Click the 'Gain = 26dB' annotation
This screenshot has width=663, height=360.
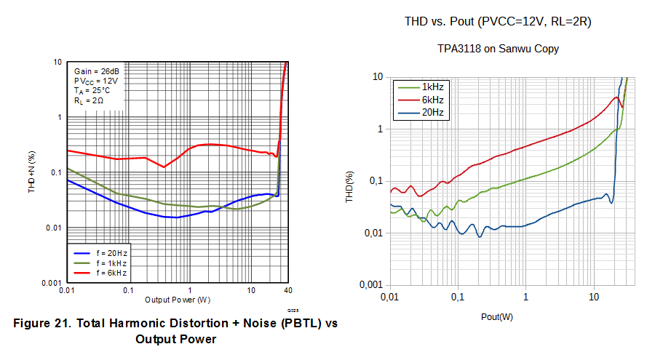click(97, 71)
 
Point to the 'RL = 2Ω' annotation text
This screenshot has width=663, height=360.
click(90, 101)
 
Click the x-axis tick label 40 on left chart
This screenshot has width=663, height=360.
click(288, 291)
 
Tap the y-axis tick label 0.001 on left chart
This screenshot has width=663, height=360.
click(50, 283)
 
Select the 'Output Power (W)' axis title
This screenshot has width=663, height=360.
click(178, 300)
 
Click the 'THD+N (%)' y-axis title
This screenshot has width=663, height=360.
click(31, 173)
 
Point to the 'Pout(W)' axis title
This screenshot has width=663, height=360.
click(496, 316)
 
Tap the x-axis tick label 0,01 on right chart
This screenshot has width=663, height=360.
click(391, 297)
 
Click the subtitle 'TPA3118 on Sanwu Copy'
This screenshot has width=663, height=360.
click(498, 49)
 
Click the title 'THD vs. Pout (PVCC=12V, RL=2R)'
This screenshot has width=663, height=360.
click(498, 22)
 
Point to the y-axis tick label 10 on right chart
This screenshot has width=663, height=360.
click(377, 76)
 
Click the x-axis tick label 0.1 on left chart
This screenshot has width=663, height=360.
click(128, 291)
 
